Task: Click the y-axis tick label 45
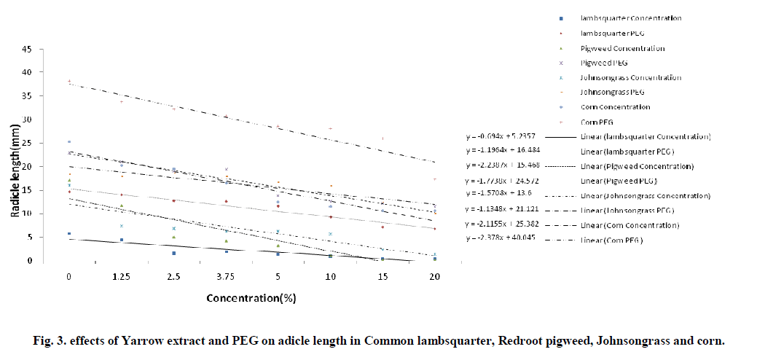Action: tap(25, 49)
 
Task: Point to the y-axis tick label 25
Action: tap(25, 143)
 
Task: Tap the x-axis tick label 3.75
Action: tap(226, 278)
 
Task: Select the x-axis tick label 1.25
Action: tap(122, 278)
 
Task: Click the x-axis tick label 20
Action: tap(435, 278)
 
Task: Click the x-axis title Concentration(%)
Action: tap(251, 298)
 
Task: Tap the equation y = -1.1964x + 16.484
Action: tap(503, 151)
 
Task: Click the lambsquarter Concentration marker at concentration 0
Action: tap(69, 234)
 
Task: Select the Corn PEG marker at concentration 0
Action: tap(69, 82)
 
